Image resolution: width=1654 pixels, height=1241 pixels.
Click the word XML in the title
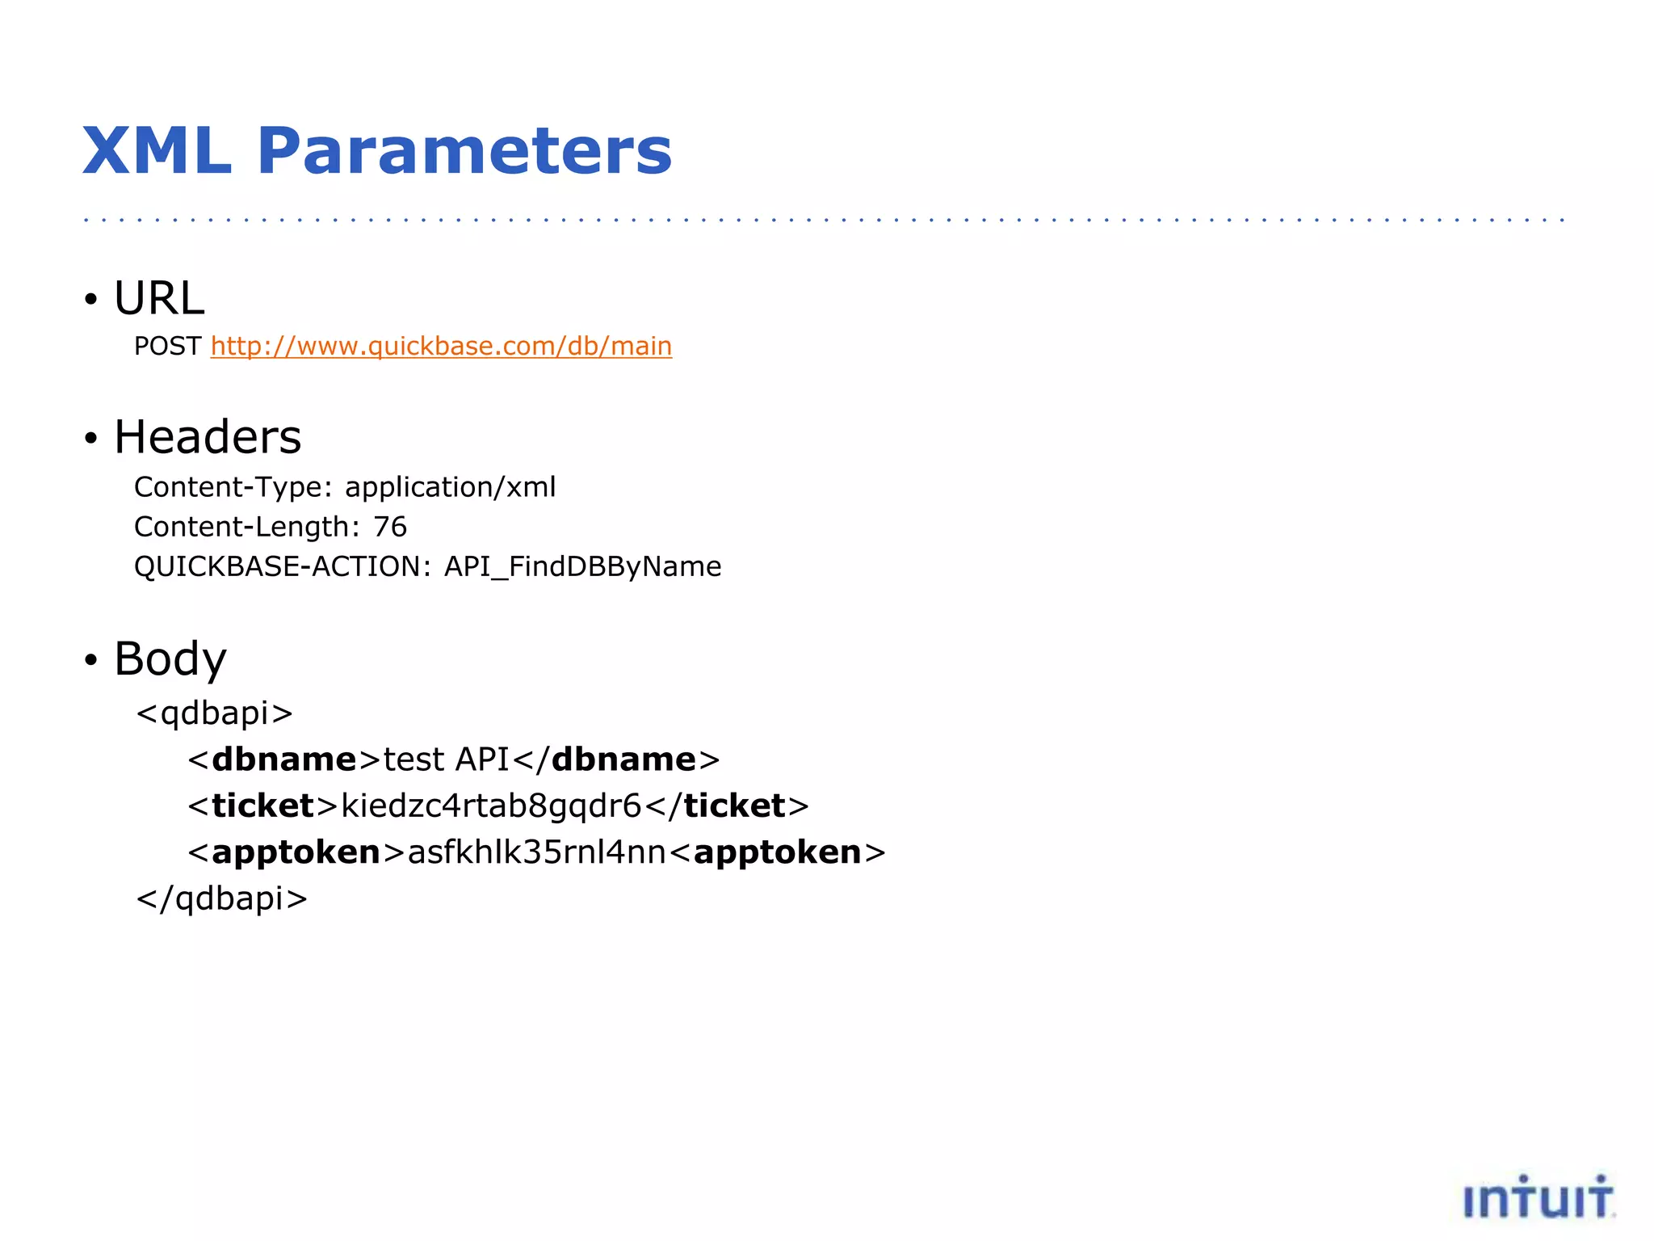(x=157, y=151)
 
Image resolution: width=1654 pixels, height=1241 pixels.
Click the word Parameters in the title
(x=464, y=151)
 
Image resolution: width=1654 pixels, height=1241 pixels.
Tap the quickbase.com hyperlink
(x=441, y=346)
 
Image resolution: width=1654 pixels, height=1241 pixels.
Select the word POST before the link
(x=167, y=346)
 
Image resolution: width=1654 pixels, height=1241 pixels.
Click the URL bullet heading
(x=159, y=298)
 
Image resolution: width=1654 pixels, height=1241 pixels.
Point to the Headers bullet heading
(x=208, y=437)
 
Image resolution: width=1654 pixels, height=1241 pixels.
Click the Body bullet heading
(x=170, y=658)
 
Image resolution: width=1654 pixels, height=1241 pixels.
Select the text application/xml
(x=450, y=487)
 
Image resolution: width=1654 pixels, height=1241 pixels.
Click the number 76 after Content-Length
(x=390, y=527)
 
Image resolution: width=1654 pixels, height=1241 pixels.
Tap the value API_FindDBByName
(x=582, y=566)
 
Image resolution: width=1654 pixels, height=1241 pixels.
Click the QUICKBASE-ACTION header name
(x=277, y=566)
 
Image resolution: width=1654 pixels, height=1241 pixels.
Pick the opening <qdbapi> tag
(x=214, y=713)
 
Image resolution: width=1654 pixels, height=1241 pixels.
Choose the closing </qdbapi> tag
(x=222, y=898)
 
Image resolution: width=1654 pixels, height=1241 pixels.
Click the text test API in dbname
(x=446, y=759)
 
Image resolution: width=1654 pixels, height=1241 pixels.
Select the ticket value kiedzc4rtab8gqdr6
(x=491, y=806)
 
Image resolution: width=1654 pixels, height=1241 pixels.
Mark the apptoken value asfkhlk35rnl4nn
(x=537, y=852)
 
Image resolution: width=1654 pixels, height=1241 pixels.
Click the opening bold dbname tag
(x=283, y=759)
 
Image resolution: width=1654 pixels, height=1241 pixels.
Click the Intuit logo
(x=1539, y=1197)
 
